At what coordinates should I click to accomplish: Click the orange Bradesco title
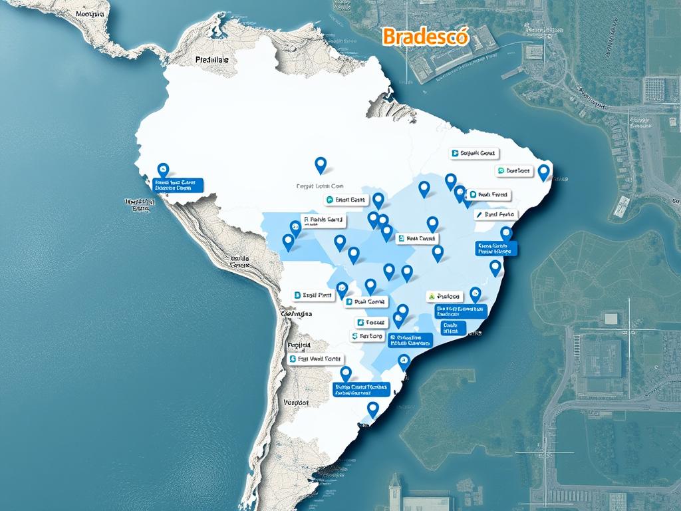426,37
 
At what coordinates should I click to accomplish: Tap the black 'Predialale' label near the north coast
212,60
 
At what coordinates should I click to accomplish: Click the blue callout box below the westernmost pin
178,184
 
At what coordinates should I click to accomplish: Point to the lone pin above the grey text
321,164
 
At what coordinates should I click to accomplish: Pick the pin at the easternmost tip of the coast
543,172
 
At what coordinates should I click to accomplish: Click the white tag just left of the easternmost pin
515,171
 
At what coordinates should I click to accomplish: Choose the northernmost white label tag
473,154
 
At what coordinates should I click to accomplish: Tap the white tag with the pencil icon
495,215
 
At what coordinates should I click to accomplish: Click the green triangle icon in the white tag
431,296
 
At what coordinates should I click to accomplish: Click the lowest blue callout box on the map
360,389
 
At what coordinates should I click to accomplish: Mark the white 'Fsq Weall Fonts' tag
315,359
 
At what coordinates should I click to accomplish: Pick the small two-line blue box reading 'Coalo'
450,327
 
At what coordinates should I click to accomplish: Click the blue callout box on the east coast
496,249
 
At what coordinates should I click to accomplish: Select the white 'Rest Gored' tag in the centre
416,238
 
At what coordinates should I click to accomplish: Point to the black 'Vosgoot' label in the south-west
295,403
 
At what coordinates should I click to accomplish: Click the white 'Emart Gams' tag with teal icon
346,200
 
